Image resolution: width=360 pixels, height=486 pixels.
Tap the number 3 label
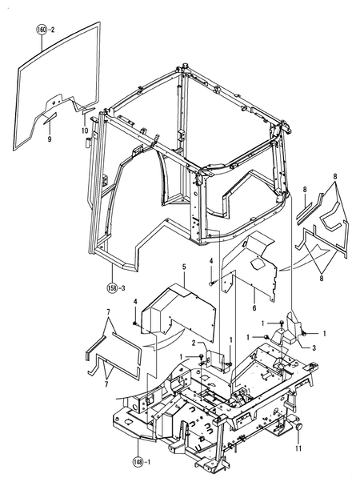314,348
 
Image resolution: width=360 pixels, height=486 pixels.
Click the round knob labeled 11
298,428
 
